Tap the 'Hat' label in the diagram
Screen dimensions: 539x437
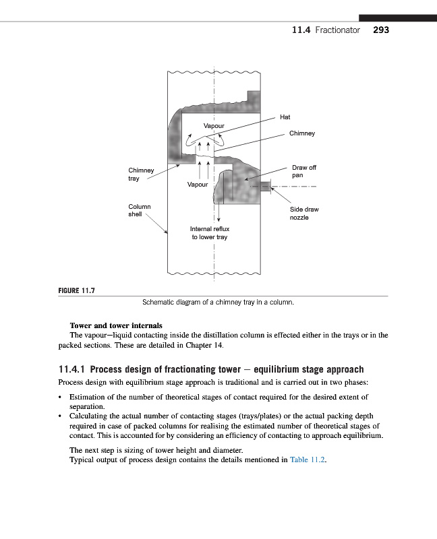coord(285,117)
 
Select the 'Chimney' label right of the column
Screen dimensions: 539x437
coord(301,133)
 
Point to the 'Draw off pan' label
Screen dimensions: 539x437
coord(303,171)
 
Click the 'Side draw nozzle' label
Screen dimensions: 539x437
coord(303,214)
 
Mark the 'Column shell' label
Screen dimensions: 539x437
coord(140,210)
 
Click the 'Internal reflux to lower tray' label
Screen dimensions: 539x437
coord(210,233)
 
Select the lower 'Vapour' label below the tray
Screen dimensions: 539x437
coord(198,183)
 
